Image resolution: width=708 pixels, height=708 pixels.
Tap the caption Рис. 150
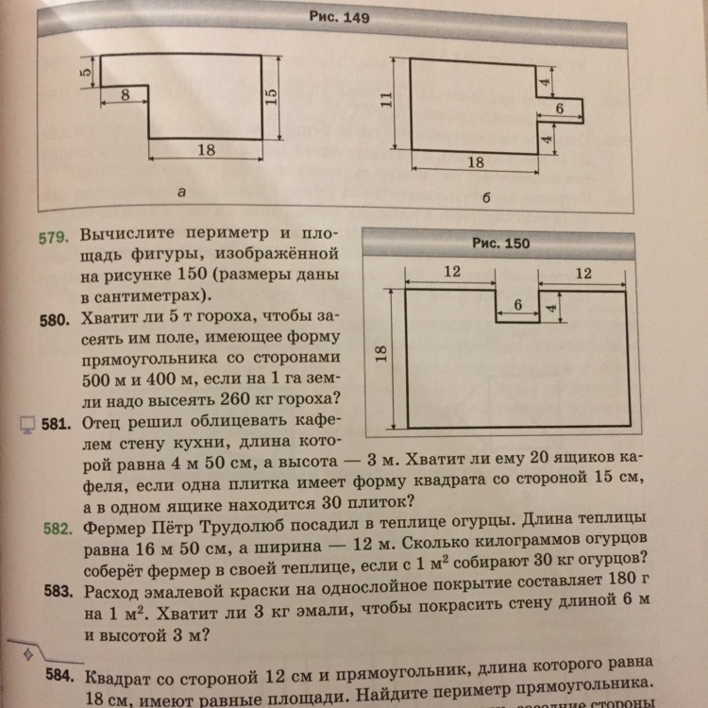coord(500,244)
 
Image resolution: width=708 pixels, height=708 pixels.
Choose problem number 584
coord(59,678)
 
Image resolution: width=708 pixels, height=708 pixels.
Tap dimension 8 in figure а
coord(125,94)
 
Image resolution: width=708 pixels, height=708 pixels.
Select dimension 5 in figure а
coord(84,71)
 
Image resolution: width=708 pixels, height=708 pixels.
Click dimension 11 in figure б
coord(385,101)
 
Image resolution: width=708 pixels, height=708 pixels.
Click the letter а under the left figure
coord(181,192)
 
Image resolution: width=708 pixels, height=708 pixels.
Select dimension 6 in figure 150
coord(517,304)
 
